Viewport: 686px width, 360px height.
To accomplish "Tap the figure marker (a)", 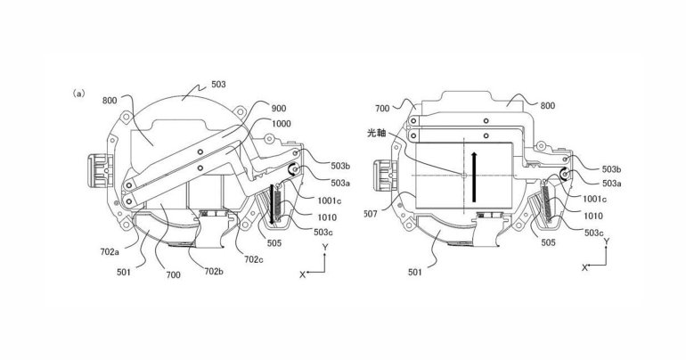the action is [79, 94].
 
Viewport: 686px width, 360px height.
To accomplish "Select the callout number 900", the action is [279, 109].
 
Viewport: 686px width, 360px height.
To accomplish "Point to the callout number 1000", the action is [282, 124].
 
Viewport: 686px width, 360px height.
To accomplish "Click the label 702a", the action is [110, 251].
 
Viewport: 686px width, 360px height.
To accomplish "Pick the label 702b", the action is [214, 271].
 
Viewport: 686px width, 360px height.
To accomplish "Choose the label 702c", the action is [254, 259].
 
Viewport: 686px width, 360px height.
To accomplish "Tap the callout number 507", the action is [371, 215].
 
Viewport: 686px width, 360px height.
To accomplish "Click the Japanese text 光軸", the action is [377, 133].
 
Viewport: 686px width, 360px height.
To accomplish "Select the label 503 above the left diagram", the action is [218, 84].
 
